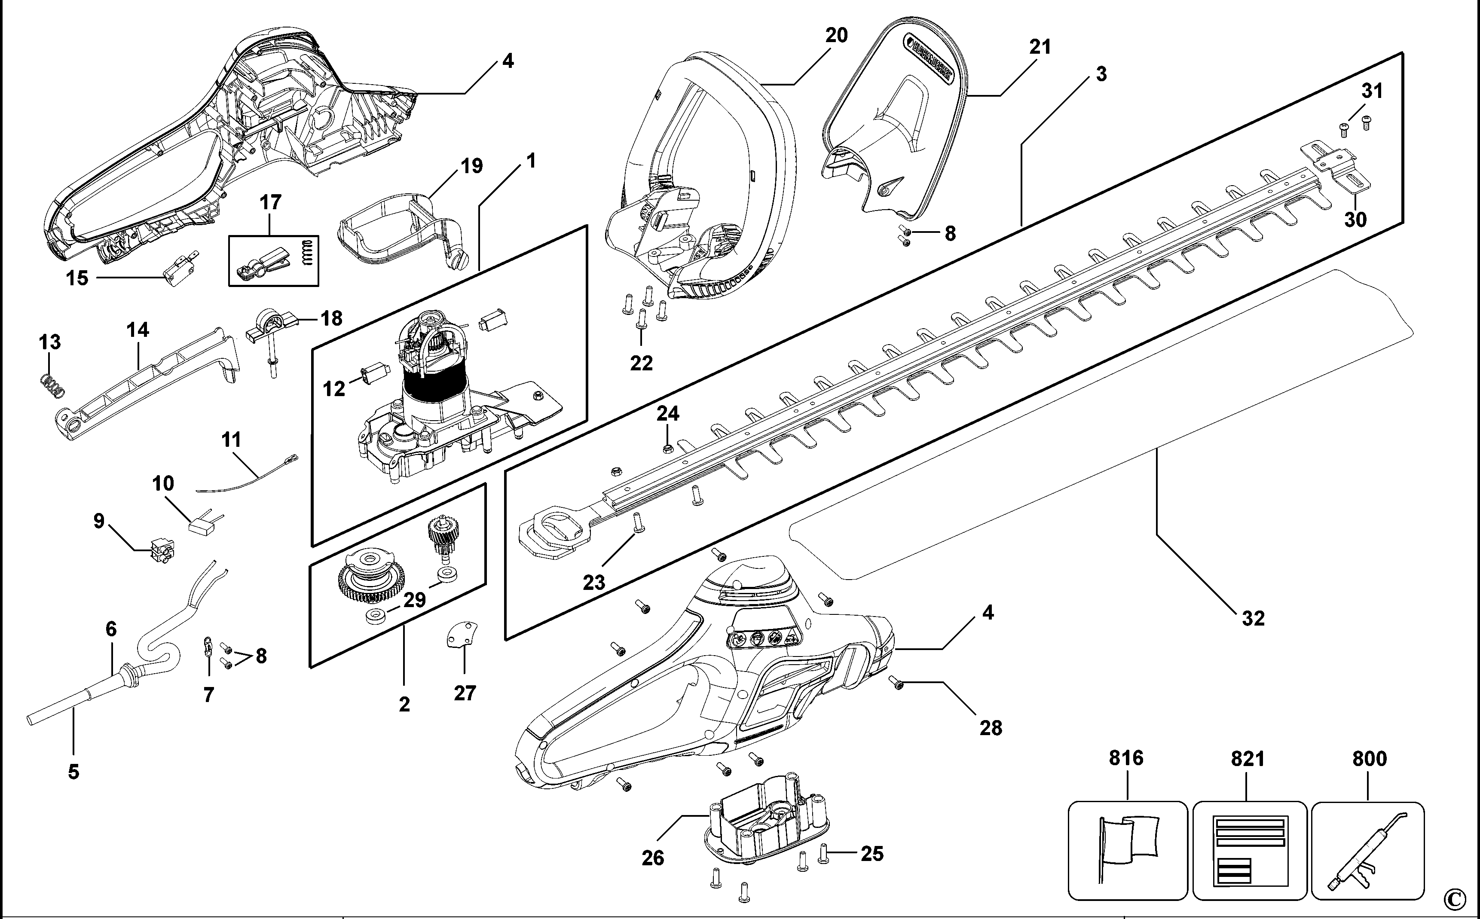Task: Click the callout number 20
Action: click(836, 35)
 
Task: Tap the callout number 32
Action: click(1253, 618)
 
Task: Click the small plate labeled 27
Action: click(462, 635)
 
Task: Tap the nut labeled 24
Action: click(667, 449)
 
